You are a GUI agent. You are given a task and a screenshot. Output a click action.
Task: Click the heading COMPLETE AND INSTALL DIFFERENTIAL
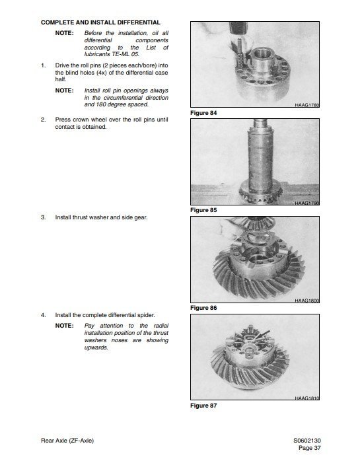click(x=100, y=22)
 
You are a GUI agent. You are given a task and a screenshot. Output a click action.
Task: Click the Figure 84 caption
click(x=203, y=114)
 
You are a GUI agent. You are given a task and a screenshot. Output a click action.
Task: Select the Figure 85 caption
click(x=203, y=211)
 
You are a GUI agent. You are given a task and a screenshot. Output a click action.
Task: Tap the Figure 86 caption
click(x=203, y=308)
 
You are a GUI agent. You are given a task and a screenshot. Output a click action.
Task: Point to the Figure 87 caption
click(x=203, y=406)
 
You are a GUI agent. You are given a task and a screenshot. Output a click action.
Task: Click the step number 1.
click(x=43, y=66)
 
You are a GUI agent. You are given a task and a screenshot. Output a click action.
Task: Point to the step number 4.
click(x=43, y=315)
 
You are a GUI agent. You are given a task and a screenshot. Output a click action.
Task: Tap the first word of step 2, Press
click(x=64, y=120)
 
